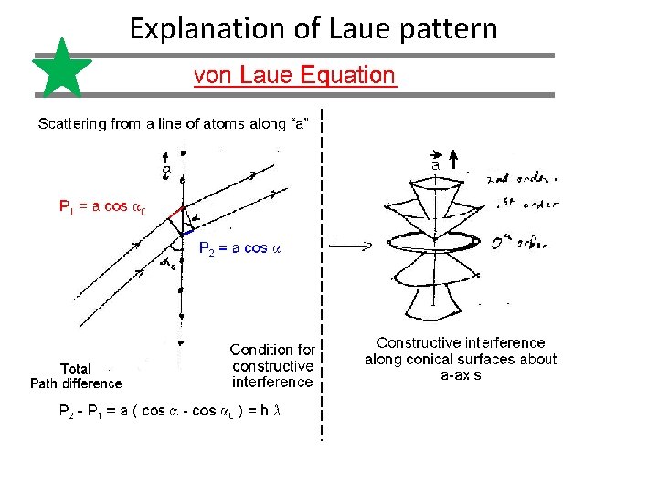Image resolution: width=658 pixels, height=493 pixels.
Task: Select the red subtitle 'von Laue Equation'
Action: tap(294, 76)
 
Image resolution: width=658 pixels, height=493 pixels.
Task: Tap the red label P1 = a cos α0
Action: tap(101, 207)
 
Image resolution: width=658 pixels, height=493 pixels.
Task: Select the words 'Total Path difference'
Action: tap(76, 376)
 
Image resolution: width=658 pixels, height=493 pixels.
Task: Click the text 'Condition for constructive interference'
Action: tap(272, 365)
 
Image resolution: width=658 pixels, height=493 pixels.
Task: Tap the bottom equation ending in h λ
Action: tap(171, 412)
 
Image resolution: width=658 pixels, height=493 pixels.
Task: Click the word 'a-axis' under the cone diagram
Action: tap(461, 375)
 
